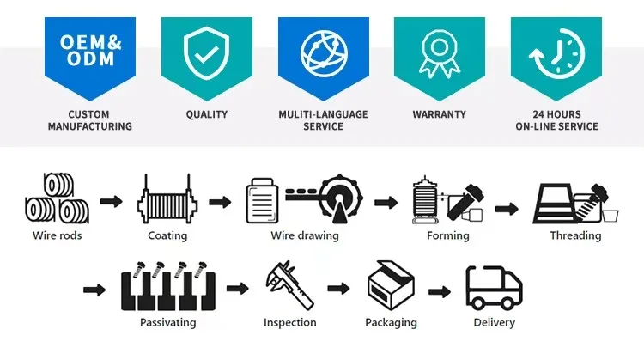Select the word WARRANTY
click(x=439, y=113)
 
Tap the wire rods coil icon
click(x=57, y=199)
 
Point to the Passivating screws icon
click(x=167, y=288)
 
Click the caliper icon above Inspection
click(x=289, y=286)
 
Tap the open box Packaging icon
click(x=391, y=286)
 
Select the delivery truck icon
click(x=494, y=287)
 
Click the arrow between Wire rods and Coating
click(x=111, y=202)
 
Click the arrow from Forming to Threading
click(x=506, y=208)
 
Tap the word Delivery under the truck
click(x=494, y=322)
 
